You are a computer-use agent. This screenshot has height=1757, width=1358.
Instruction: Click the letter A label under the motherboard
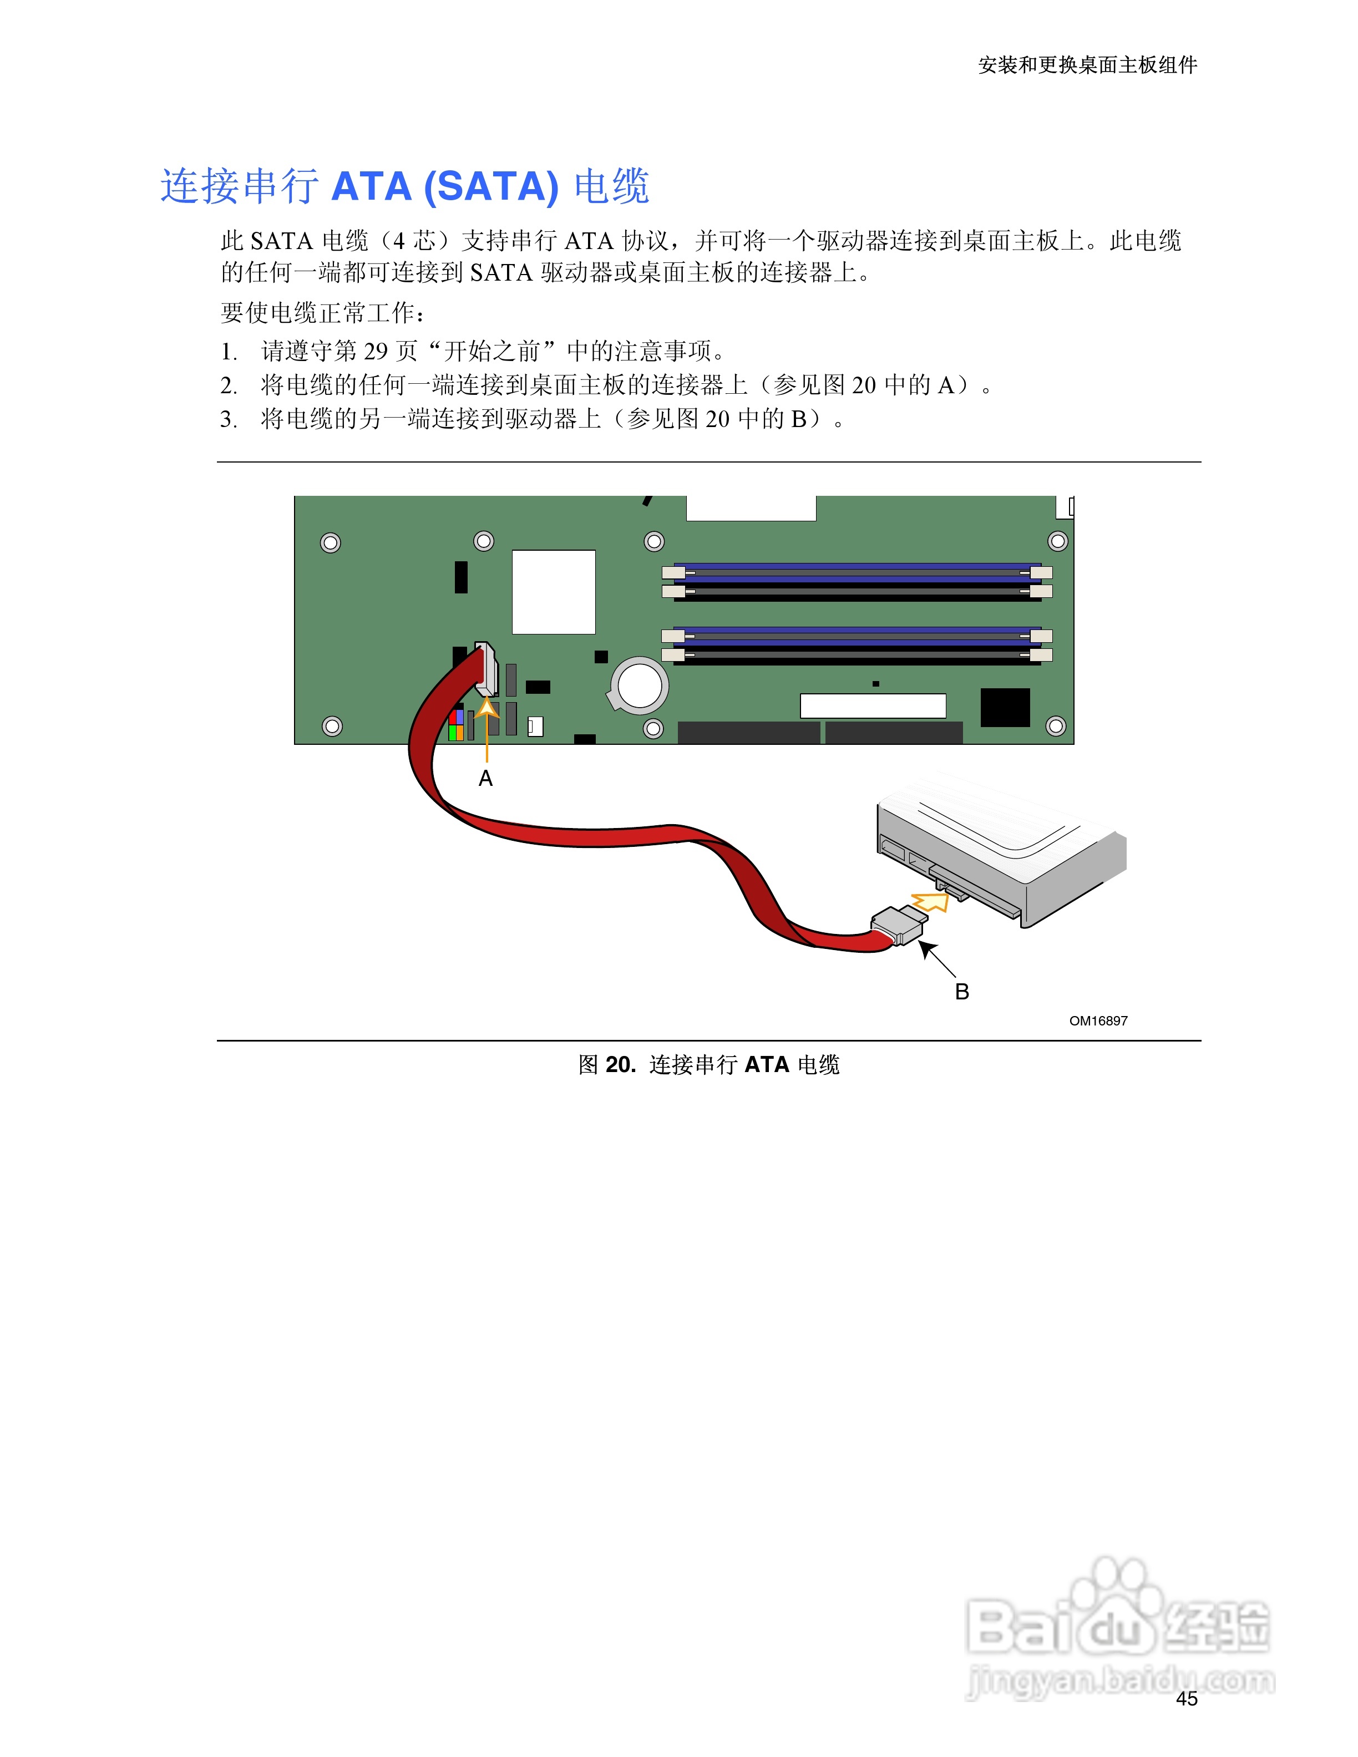click(x=485, y=778)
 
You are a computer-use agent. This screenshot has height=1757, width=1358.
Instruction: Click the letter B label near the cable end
click(x=961, y=992)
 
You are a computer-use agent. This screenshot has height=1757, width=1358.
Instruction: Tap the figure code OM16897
click(x=1098, y=1021)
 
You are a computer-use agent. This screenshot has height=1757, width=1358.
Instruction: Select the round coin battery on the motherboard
click(x=640, y=685)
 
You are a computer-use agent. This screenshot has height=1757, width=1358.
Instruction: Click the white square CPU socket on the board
click(x=554, y=592)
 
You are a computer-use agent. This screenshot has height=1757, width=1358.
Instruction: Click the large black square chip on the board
click(x=1005, y=707)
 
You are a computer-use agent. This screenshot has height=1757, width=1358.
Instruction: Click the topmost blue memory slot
click(x=857, y=571)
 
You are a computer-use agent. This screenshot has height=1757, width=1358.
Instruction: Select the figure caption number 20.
click(x=620, y=1065)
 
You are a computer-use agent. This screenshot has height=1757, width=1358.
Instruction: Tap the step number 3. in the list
click(x=229, y=420)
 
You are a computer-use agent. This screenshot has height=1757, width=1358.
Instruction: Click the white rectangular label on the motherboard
click(x=873, y=705)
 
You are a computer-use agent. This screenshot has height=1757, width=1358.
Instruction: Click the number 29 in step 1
click(x=376, y=352)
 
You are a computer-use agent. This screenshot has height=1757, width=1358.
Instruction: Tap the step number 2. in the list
click(x=229, y=386)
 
